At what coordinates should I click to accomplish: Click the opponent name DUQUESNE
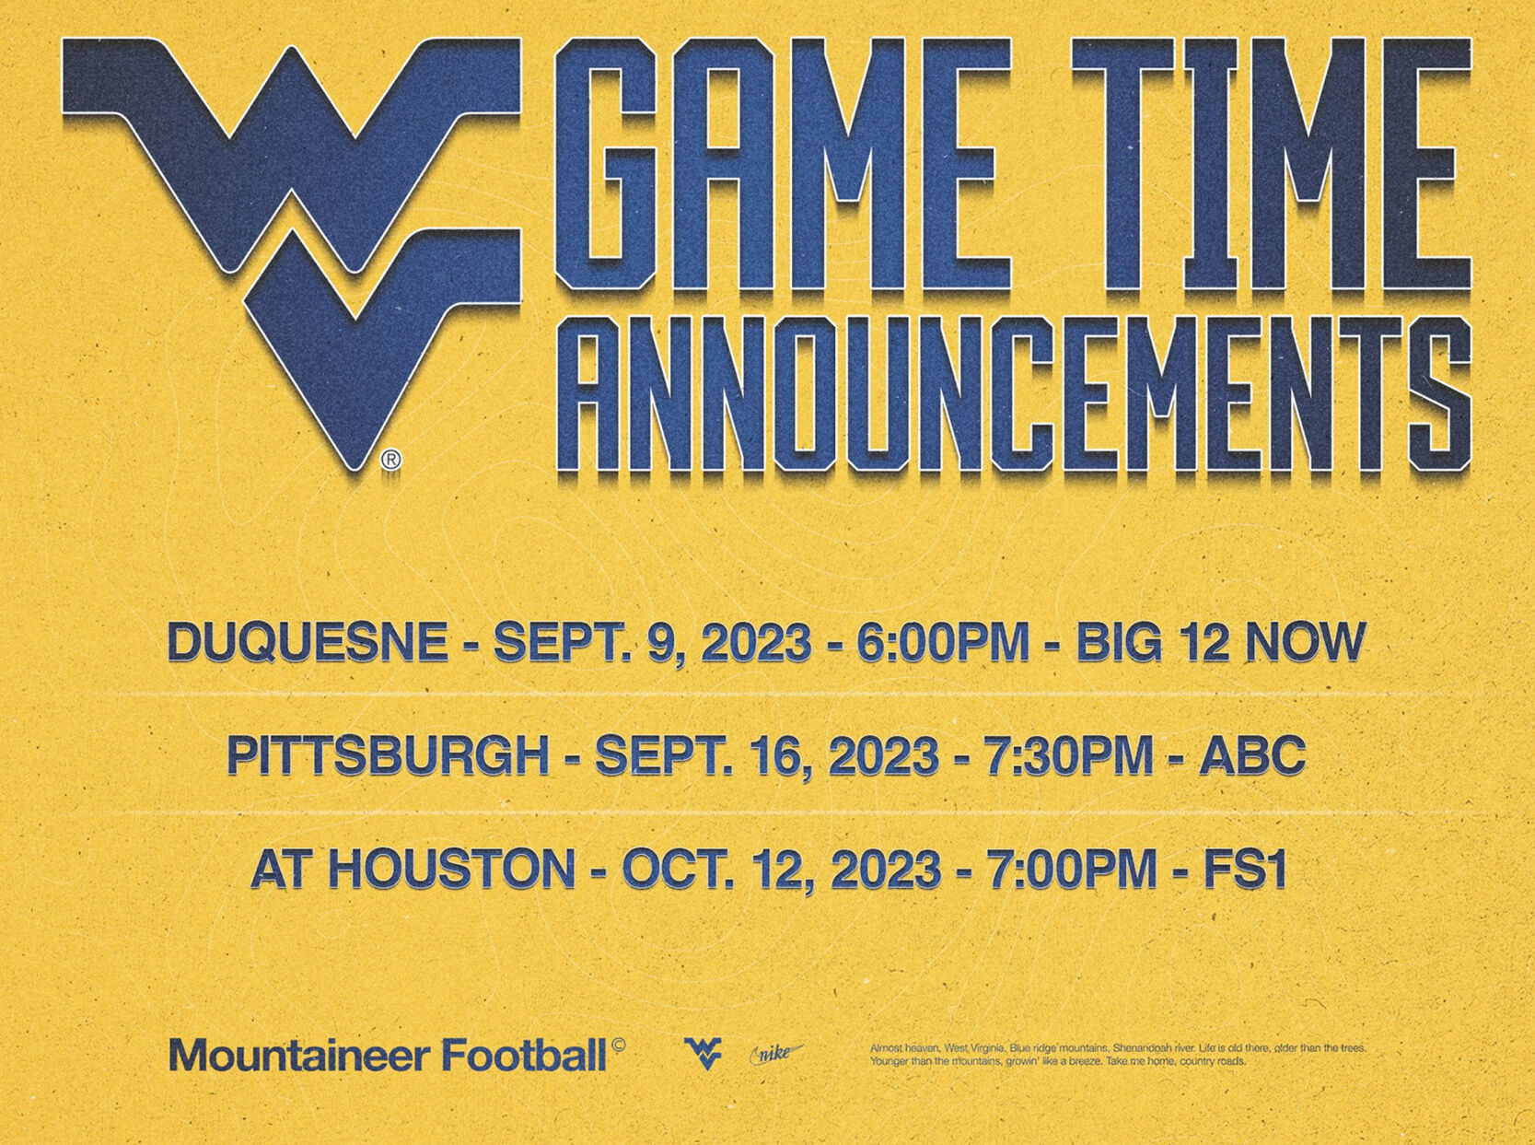pyautogui.click(x=307, y=642)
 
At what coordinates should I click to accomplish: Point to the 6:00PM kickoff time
pyautogui.click(x=942, y=642)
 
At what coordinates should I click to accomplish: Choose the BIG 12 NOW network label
pyautogui.click(x=1220, y=642)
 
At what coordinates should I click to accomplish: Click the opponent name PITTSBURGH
pyautogui.click(x=387, y=756)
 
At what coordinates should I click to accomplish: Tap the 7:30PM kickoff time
pyautogui.click(x=1069, y=756)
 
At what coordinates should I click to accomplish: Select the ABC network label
pyautogui.click(x=1252, y=756)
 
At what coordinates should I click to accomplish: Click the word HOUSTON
pyautogui.click(x=451, y=870)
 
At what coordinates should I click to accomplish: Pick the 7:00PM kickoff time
pyautogui.click(x=1072, y=870)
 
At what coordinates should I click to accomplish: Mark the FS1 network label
pyautogui.click(x=1245, y=870)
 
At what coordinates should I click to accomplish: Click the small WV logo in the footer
pyautogui.click(x=703, y=1053)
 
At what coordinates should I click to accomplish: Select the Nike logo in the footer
pyautogui.click(x=776, y=1053)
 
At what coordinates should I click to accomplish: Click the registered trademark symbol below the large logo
pyautogui.click(x=390, y=460)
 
